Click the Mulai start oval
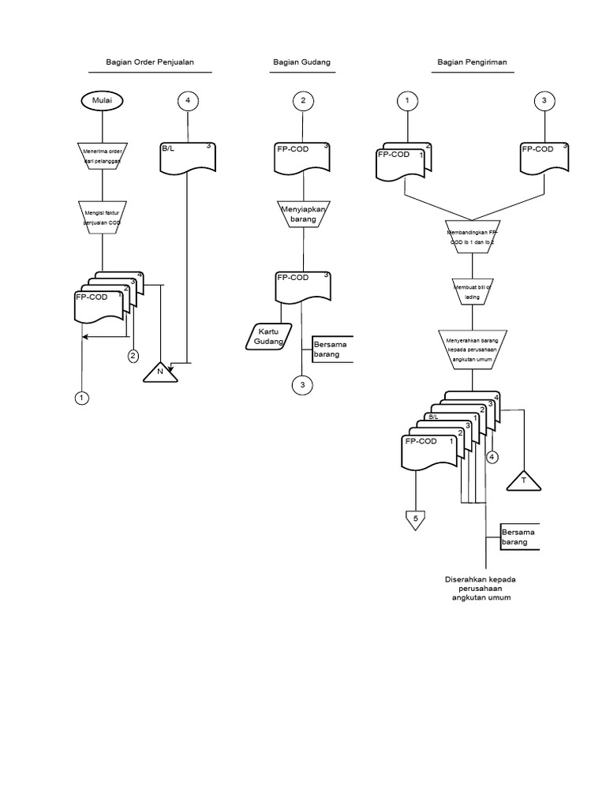pos(103,101)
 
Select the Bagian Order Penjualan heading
pos(150,62)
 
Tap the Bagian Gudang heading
pos(301,62)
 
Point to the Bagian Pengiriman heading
pos(472,62)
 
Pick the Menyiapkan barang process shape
pos(302,214)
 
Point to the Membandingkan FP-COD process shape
pos(472,238)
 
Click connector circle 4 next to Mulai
pos(188,101)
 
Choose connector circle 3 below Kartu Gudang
pos(302,385)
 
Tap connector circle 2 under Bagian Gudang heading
pos(302,101)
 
